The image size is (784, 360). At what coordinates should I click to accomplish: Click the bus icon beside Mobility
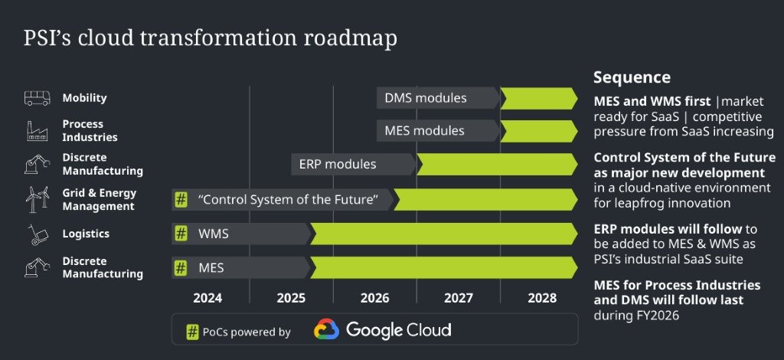[37, 98]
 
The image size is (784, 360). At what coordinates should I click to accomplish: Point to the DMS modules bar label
[425, 98]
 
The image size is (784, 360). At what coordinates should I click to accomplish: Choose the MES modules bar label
[424, 131]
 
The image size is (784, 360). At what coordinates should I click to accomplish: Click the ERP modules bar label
[338, 164]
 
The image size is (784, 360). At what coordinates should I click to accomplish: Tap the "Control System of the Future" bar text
[289, 200]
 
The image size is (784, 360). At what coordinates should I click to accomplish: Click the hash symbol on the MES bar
[181, 268]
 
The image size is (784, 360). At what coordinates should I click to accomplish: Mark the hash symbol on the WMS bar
[181, 234]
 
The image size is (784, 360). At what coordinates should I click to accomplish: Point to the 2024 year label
[208, 298]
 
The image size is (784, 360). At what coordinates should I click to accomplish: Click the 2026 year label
[374, 298]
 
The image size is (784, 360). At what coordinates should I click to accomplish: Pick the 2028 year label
[542, 298]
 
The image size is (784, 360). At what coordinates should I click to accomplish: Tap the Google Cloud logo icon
[326, 330]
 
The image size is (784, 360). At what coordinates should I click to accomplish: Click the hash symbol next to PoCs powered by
[193, 332]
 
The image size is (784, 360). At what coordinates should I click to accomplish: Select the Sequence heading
[632, 77]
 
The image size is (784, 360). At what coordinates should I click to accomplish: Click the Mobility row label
[84, 98]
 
